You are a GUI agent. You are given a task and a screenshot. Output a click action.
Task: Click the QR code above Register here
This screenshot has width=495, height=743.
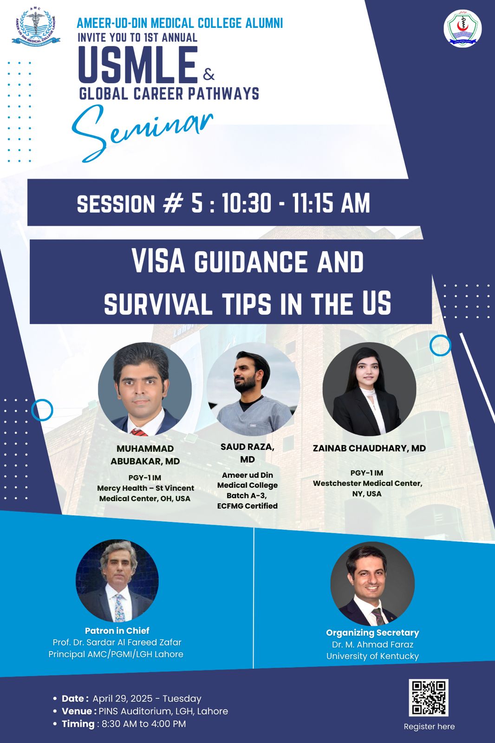pos(429,697)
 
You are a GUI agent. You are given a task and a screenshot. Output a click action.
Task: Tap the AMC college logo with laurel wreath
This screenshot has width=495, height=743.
pos(36,27)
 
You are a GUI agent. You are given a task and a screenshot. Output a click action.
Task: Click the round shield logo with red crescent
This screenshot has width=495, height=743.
pos(462,28)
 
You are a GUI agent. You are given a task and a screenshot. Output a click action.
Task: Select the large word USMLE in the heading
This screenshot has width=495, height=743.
pos(138,65)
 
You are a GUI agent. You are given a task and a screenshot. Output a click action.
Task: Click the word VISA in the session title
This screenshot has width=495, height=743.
pos(158,261)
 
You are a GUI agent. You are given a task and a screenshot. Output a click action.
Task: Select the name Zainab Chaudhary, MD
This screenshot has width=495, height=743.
pos(369,448)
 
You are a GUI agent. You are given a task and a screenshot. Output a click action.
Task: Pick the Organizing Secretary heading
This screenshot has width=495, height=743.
pos(372,633)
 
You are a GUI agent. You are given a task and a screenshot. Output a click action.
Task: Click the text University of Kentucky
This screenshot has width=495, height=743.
pos(372,657)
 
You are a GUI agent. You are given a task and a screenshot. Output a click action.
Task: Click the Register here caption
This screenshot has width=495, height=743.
pos(430,727)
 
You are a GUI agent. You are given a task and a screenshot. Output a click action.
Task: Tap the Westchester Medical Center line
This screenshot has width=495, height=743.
pos(368,483)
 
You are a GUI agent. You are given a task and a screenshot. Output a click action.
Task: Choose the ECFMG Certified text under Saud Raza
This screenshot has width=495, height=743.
pos(247,506)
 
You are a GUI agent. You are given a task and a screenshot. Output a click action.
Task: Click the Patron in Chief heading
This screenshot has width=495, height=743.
pos(117,631)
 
